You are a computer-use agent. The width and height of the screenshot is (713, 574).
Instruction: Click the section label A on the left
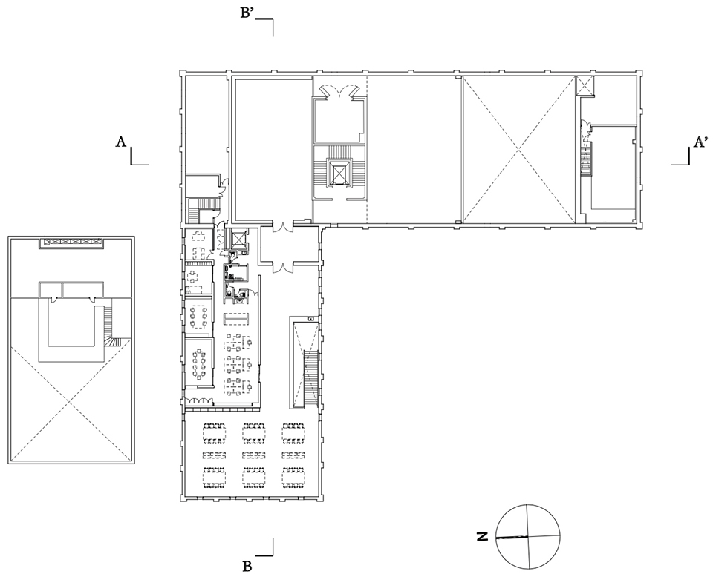(120, 142)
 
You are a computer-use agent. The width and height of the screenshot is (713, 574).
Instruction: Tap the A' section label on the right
(700, 142)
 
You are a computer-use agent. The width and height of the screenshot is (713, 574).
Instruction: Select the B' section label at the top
(247, 13)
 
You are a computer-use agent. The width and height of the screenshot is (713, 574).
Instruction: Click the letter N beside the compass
(482, 536)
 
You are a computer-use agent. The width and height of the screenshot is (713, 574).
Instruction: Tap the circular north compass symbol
(528, 536)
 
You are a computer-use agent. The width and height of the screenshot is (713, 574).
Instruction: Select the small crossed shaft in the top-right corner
(585, 86)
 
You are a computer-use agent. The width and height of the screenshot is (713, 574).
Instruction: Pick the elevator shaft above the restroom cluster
(238, 239)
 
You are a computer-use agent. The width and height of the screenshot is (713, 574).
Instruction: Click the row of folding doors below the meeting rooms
(198, 401)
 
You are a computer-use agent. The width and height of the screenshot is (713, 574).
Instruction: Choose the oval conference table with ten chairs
(198, 363)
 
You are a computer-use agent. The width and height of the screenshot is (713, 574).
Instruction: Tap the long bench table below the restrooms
(237, 318)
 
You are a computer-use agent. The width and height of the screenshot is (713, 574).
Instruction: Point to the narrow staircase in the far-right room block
(586, 160)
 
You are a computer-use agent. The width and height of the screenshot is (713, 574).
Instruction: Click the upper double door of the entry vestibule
(282, 225)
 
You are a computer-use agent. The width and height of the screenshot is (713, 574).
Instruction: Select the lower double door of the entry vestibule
(282, 267)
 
